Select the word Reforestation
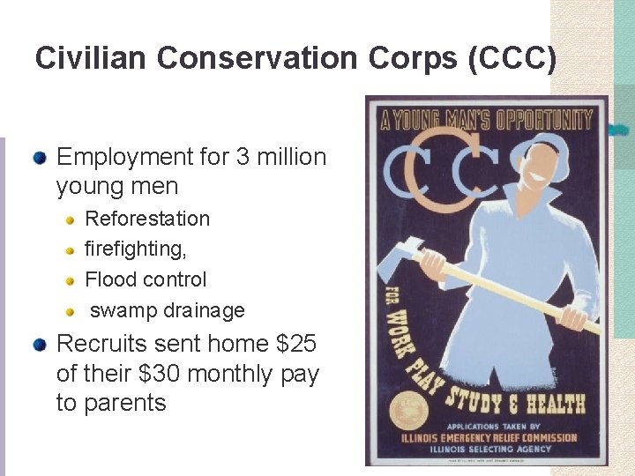pos(147,219)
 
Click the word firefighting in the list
pos(134,249)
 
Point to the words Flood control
pos(146,279)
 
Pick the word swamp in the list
pos(124,310)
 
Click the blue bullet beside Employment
pos(40,158)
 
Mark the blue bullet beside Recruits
pos(40,345)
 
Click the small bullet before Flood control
pos(71,280)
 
